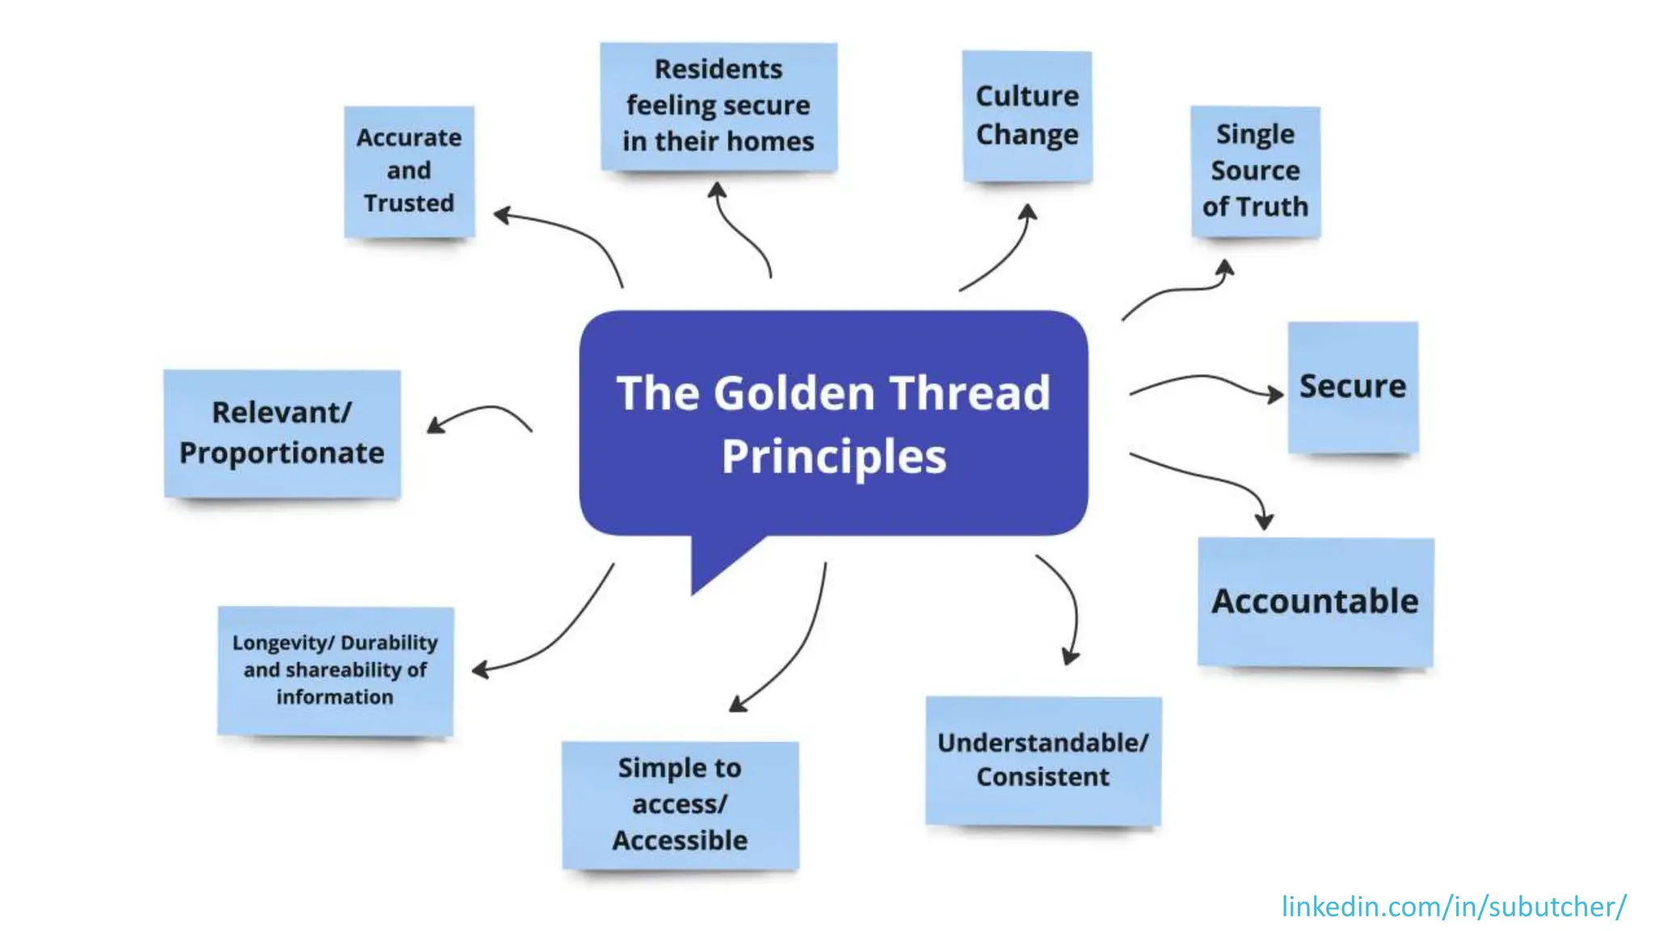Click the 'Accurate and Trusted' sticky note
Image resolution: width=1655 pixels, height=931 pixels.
[409, 171]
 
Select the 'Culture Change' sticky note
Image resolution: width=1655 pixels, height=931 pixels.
[1027, 116]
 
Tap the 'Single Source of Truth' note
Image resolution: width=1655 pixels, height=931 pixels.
[1255, 171]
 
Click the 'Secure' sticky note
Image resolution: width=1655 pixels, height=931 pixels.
[1353, 386]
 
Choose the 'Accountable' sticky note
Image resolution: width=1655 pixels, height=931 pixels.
[1316, 602]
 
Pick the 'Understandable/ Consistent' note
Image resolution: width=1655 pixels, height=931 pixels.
[1043, 760]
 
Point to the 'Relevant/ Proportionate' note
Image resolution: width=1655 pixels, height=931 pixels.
[282, 433]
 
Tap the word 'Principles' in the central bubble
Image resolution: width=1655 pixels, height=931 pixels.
[834, 457]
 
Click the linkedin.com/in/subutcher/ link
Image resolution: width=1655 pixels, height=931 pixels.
[1454, 907]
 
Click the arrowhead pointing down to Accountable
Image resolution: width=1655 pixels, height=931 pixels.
[1265, 522]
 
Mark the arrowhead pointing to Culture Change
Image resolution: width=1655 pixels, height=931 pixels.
[1028, 212]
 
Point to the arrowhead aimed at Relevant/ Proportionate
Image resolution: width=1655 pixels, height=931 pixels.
[435, 425]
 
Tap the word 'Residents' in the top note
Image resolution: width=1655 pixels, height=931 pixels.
[718, 70]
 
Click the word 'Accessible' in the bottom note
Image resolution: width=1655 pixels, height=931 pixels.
[680, 840]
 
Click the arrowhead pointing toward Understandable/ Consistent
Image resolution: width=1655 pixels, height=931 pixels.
[1070, 657]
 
